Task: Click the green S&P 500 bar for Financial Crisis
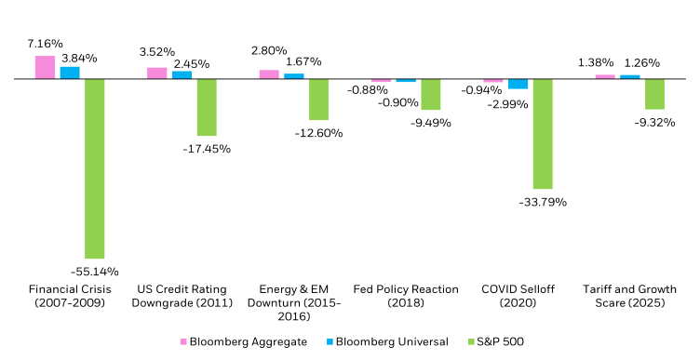pyautogui.click(x=94, y=168)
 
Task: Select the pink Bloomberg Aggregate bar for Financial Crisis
pyautogui.click(x=45, y=68)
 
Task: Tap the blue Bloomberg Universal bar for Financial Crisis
pyautogui.click(x=70, y=73)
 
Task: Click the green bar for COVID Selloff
pyautogui.click(x=543, y=134)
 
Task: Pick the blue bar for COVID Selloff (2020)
pyautogui.click(x=518, y=84)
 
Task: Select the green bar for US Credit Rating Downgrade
pyautogui.click(x=206, y=107)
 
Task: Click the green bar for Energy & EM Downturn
pyautogui.click(x=318, y=100)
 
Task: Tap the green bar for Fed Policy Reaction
pyautogui.click(x=430, y=94)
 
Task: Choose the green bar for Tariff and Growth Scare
pyautogui.click(x=654, y=94)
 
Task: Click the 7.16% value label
pyautogui.click(x=45, y=44)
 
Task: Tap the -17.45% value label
pyautogui.click(x=207, y=149)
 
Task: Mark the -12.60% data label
pyautogui.click(x=318, y=133)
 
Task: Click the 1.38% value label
pyautogui.click(x=597, y=62)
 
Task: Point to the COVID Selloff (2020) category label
pyautogui.click(x=518, y=296)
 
